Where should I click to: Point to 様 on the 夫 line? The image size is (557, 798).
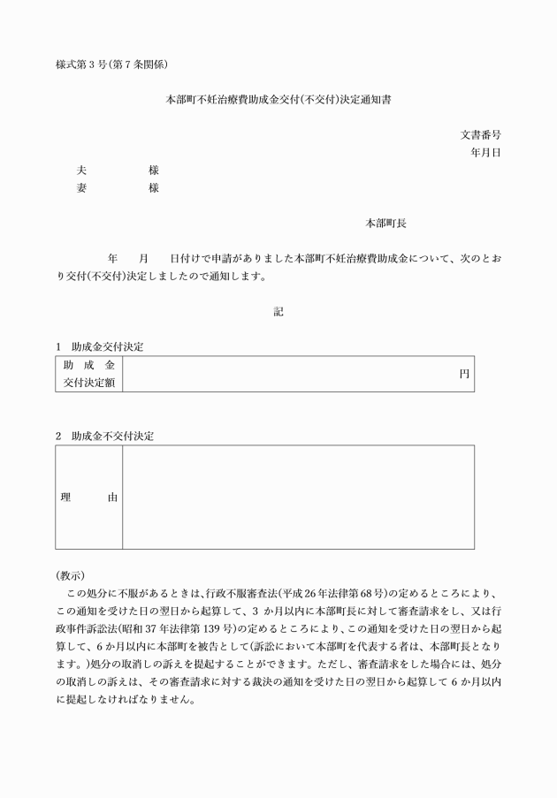154,170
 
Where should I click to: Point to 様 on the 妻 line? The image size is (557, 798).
154,187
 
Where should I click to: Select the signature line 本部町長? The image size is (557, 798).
385,224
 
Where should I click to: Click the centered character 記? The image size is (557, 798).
278,311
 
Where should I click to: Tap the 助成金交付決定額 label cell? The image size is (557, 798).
88,374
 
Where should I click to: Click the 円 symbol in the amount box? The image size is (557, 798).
463,374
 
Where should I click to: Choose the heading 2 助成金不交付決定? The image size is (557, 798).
104,436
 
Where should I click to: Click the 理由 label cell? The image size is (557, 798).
88,498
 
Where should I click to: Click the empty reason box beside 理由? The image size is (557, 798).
298,498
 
